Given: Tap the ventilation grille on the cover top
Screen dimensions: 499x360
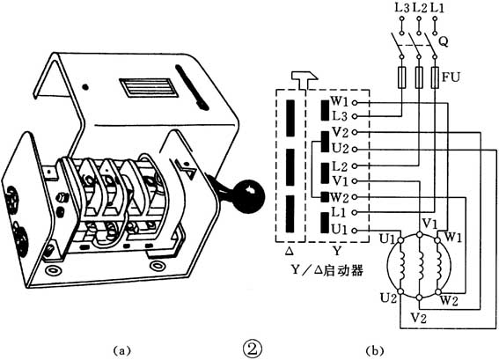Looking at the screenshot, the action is [x=148, y=87].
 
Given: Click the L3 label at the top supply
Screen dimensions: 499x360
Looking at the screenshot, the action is [x=401, y=8].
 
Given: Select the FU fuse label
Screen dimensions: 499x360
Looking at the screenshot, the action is [x=451, y=77].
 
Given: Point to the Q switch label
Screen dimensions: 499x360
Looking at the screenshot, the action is [x=444, y=41].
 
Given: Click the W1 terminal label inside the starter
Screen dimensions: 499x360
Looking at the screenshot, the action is [x=340, y=101].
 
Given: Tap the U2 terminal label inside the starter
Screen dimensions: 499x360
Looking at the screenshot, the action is [x=341, y=149].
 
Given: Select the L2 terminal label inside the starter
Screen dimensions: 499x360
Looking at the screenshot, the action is [x=340, y=165].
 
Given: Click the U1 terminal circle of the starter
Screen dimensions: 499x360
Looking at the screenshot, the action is [x=356, y=230].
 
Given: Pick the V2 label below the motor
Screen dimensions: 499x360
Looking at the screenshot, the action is [x=419, y=318].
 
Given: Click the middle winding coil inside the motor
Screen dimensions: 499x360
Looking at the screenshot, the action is [x=421, y=266].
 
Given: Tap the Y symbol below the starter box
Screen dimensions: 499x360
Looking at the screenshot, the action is [x=337, y=251].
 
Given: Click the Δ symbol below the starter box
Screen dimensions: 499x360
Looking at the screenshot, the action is [x=290, y=252].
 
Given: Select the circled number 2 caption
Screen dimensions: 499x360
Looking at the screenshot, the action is [x=253, y=349].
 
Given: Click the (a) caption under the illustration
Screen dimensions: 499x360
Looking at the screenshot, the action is [x=121, y=350].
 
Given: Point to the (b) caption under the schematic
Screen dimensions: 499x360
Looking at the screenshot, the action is [x=375, y=350].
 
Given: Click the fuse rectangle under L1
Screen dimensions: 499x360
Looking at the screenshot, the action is [x=435, y=77].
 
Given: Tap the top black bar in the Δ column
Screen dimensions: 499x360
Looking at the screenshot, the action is [x=290, y=118].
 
